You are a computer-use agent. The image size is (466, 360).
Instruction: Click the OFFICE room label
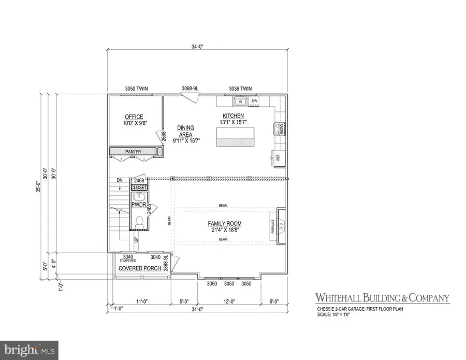coord(134,117)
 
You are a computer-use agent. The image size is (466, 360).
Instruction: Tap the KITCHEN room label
coord(233,116)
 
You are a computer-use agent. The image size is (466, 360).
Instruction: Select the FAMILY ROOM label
coord(225,224)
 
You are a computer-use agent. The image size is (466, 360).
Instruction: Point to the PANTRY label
coord(133,151)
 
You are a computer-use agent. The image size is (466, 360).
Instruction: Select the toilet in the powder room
coord(139,221)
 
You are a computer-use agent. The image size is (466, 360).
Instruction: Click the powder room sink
coord(139,197)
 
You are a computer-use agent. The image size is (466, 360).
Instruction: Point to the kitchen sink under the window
coord(240,100)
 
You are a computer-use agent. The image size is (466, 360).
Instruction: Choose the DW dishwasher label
coord(255,100)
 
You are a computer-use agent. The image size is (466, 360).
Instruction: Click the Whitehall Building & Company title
coord(383,298)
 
